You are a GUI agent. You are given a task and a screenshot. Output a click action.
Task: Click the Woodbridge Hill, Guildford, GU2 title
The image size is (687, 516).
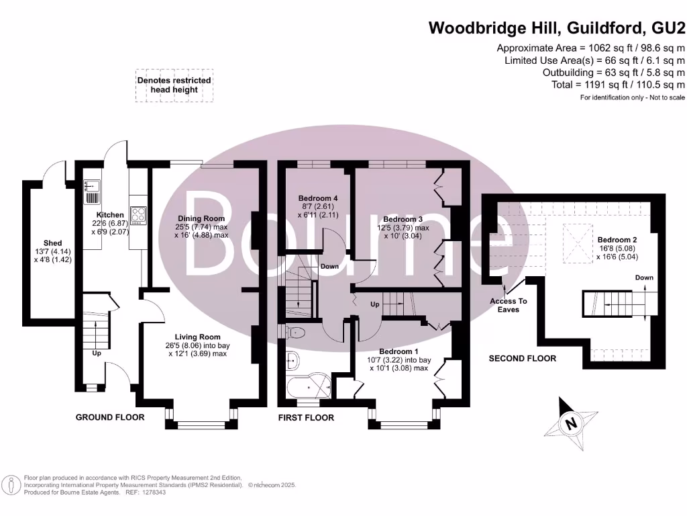tap(557, 28)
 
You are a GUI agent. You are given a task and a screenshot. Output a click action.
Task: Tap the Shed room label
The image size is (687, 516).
tap(52, 243)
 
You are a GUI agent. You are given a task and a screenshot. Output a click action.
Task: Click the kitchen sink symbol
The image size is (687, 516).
tap(91, 191)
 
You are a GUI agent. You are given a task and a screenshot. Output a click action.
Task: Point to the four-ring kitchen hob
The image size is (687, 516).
tap(139, 215)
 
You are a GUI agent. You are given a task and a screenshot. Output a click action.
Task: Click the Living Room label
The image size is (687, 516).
tap(197, 337)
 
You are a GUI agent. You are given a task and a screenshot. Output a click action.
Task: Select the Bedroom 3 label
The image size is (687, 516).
tap(403, 220)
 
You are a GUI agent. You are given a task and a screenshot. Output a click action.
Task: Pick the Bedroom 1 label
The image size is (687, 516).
tap(399, 351)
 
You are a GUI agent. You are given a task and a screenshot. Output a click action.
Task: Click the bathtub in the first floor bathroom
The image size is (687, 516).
tap(307, 388)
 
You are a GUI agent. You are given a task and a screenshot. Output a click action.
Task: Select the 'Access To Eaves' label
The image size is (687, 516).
tap(508, 305)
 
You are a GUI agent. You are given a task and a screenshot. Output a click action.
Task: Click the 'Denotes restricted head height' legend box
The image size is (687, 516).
tap(174, 85)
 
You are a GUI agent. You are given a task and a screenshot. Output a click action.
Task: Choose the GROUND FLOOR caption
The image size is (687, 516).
tap(109, 417)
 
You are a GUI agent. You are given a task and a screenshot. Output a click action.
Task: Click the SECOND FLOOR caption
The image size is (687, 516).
tap(522, 359)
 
